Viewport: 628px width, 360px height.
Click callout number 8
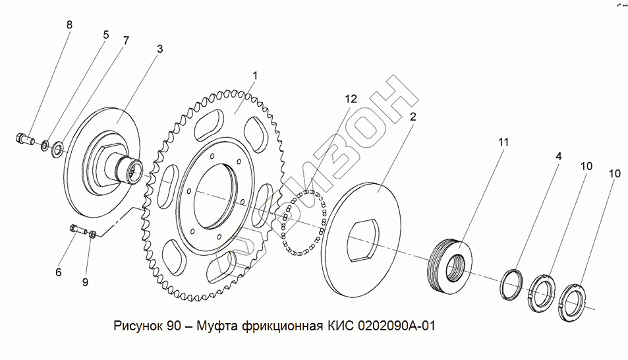69,25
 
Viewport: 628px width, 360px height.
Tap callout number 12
351,99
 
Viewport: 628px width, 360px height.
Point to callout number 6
58,272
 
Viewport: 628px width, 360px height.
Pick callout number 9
85,282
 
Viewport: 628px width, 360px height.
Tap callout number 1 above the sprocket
255,76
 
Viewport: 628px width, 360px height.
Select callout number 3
159,49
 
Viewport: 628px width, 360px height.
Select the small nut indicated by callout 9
94,233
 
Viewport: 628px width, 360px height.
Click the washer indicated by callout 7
59,148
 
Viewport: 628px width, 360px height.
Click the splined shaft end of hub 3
132,173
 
